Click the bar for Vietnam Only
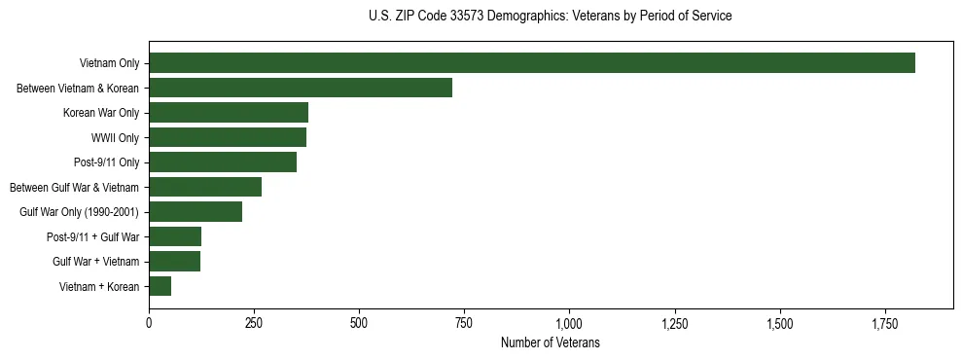[532, 63]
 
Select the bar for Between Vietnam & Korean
[301, 88]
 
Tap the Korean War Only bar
[229, 113]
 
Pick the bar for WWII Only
[228, 137]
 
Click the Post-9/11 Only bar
[223, 162]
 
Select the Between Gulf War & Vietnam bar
[205, 187]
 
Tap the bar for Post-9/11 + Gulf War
[175, 236]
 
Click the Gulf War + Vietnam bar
[175, 262]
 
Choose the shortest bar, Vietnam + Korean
[160, 286]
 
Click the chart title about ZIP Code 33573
[551, 17]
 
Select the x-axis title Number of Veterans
[551, 343]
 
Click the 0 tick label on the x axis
[149, 322]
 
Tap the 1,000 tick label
[569, 322]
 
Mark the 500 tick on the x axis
[359, 322]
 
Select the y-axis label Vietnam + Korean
[99, 287]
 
